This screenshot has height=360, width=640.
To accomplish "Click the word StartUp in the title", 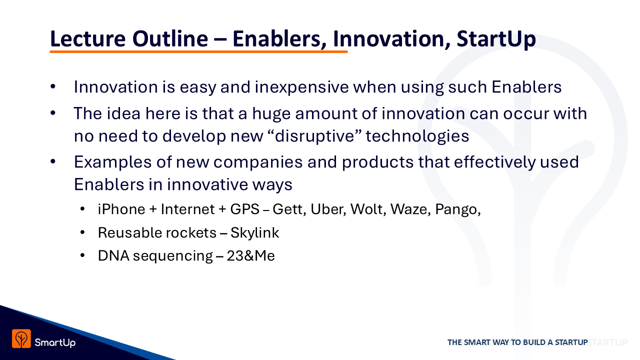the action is pos(496,38).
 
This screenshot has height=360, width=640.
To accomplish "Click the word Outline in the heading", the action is pos(170,38).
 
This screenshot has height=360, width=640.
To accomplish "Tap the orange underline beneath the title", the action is pos(198,51).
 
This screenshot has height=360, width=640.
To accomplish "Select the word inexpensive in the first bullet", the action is pos(301,87).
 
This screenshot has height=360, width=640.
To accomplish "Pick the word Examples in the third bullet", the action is pos(112,162).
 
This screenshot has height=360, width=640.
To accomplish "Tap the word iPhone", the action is pos(121,209).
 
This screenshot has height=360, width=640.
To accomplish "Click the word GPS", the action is pos(244,209).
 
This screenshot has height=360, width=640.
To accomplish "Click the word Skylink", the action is pos(254,233).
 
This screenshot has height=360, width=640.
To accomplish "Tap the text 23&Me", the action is pos(250,255).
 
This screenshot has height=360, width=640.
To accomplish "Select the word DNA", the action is pos(113,255).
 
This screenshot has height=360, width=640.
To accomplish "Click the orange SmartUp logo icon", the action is pos(21,339).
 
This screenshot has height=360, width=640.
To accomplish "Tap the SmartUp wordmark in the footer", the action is pos(55,342).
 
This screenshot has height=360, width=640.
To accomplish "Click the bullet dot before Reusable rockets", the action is pos(82,233).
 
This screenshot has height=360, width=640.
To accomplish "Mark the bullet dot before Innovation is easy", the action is pos(53,86).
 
